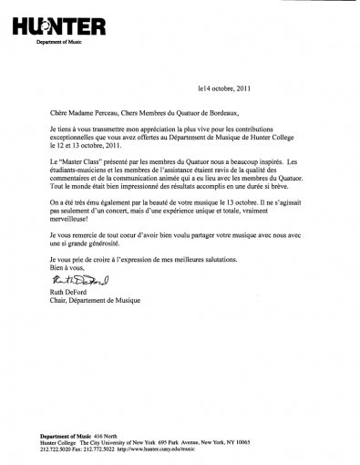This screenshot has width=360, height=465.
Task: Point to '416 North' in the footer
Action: click(100, 434)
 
